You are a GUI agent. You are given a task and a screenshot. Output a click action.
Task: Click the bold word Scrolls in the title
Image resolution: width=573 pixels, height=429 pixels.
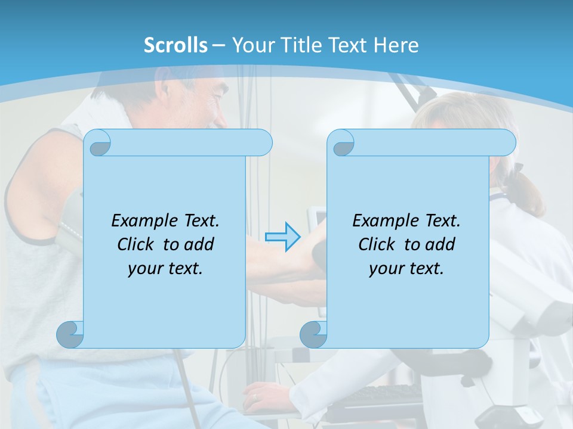(x=175, y=45)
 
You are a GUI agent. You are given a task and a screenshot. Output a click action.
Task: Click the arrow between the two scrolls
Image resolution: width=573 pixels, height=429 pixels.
(x=282, y=237)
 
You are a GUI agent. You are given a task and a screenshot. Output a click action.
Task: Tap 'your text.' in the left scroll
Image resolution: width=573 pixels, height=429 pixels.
(x=165, y=268)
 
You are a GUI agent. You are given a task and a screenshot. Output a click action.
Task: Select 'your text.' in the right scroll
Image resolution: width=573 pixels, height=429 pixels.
(x=406, y=268)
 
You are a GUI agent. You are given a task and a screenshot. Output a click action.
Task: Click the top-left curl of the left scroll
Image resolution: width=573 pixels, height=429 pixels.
(x=98, y=145)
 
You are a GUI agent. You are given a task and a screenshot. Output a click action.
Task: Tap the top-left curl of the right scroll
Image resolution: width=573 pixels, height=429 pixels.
(x=343, y=145)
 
